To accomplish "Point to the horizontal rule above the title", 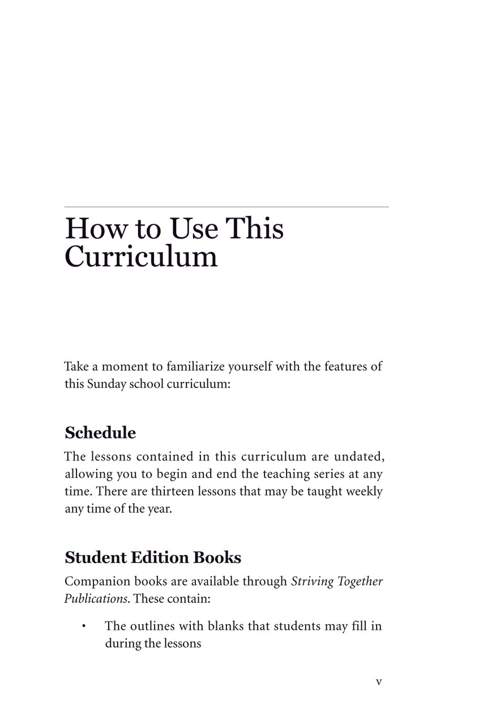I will [x=226, y=207].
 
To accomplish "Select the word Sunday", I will [x=106, y=383].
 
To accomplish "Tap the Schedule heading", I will [x=100, y=433].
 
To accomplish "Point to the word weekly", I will [x=364, y=491].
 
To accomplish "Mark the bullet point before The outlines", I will [x=83, y=626].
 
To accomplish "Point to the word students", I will [x=300, y=626].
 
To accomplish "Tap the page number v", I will [x=379, y=682].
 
